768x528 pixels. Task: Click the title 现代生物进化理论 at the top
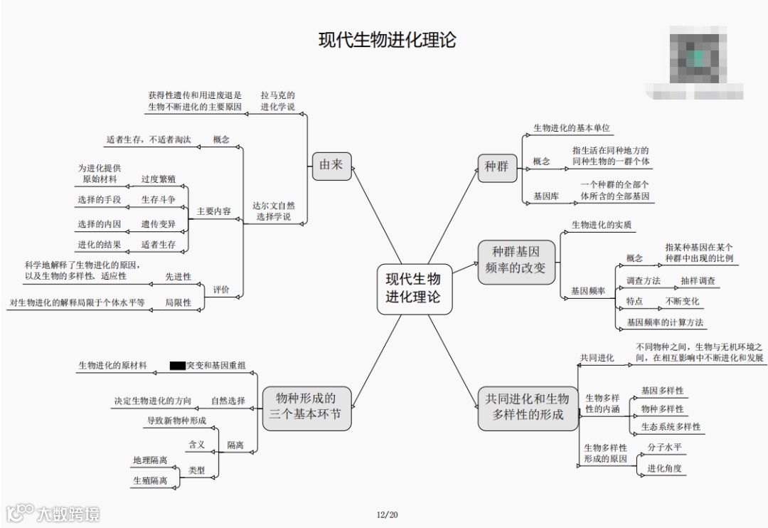[x=387, y=40]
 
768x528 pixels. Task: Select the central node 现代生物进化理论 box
[x=413, y=287]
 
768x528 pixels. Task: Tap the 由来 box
[x=331, y=165]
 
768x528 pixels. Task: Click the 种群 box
[x=496, y=167]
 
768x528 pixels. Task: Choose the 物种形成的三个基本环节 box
[x=307, y=407]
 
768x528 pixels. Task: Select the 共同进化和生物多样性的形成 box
[x=528, y=407]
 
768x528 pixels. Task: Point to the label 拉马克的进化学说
[x=277, y=100]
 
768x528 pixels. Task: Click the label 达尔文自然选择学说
[x=272, y=211]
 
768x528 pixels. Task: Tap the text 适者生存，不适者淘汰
[x=149, y=139]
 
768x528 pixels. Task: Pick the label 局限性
[x=178, y=302]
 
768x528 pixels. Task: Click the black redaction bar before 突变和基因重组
[x=177, y=366]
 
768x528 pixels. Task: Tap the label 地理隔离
[x=150, y=460]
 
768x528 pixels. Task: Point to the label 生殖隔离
[x=150, y=481]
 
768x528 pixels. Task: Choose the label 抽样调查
[x=698, y=281]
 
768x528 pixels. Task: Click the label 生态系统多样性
[x=671, y=427]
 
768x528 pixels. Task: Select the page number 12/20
[x=388, y=514]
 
